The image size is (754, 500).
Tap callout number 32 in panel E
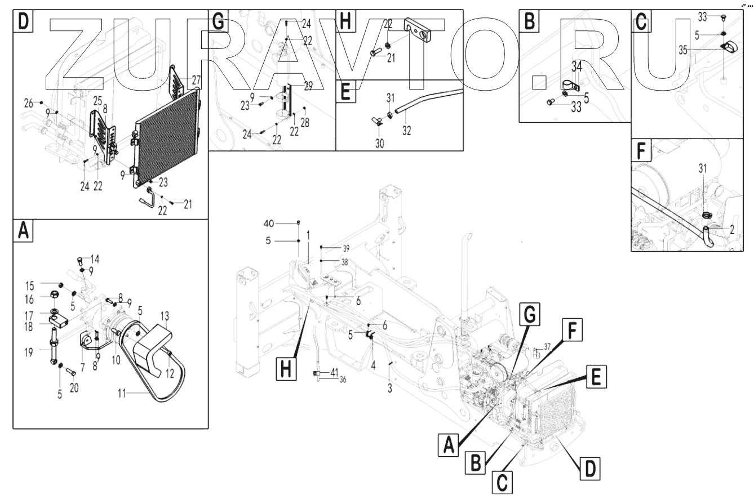[407, 131]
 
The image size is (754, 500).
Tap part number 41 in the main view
[334, 372]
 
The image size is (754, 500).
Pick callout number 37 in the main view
[547, 346]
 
